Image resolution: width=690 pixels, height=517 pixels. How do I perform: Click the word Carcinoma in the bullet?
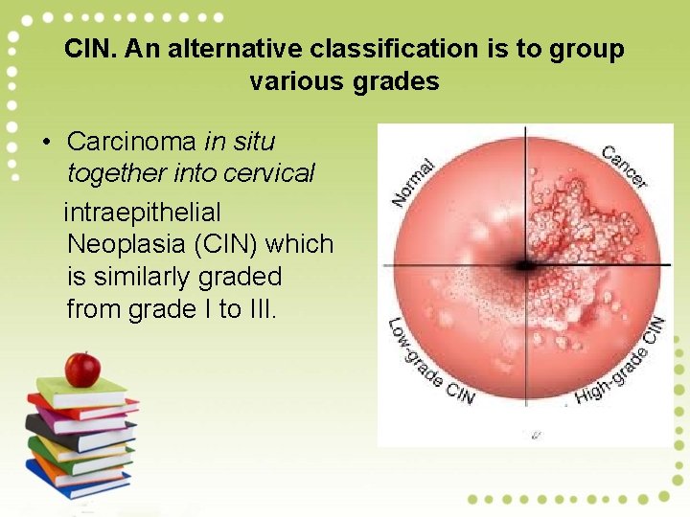(131, 142)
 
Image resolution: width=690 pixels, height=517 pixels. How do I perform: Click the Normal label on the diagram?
(414, 182)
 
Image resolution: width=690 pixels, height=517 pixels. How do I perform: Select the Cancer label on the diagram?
(625, 166)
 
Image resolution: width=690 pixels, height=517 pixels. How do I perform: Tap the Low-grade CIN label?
(428, 363)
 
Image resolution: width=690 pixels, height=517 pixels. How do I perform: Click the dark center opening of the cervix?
(524, 265)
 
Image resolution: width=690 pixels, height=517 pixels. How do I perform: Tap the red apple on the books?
(82, 368)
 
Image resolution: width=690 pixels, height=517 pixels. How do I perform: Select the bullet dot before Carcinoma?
(45, 143)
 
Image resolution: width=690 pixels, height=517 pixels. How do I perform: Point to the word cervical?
(268, 173)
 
